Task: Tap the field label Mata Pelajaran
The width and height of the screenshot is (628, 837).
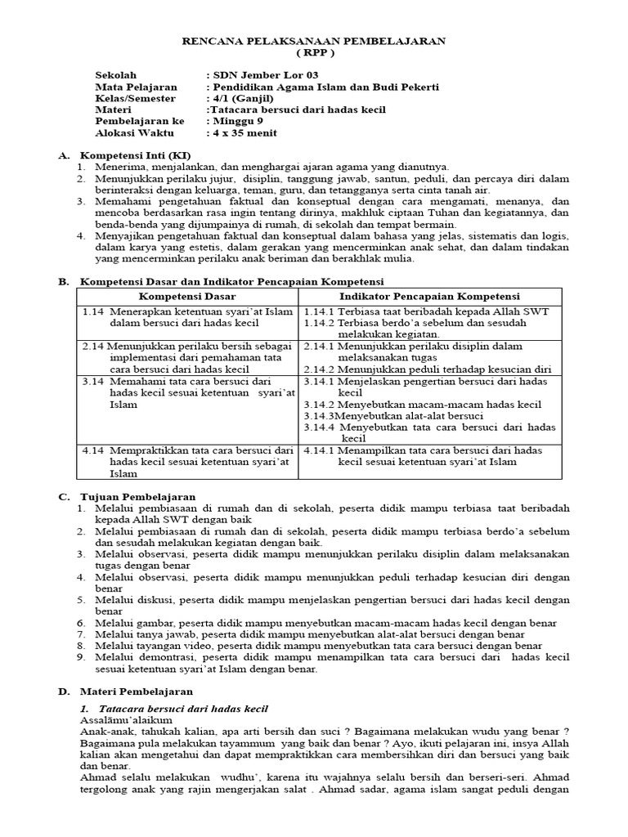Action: pyautogui.click(x=132, y=87)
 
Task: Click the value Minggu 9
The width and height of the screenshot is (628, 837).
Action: pyautogui.click(x=239, y=121)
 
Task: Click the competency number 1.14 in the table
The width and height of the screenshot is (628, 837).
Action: pyautogui.click(x=93, y=311)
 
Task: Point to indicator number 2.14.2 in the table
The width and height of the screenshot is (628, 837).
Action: pyautogui.click(x=319, y=369)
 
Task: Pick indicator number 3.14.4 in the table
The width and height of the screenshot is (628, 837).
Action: pyautogui.click(x=319, y=427)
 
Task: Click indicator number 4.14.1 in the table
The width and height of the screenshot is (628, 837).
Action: pyautogui.click(x=319, y=450)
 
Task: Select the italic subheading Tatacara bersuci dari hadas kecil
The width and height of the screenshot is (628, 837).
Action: pyautogui.click(x=183, y=708)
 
